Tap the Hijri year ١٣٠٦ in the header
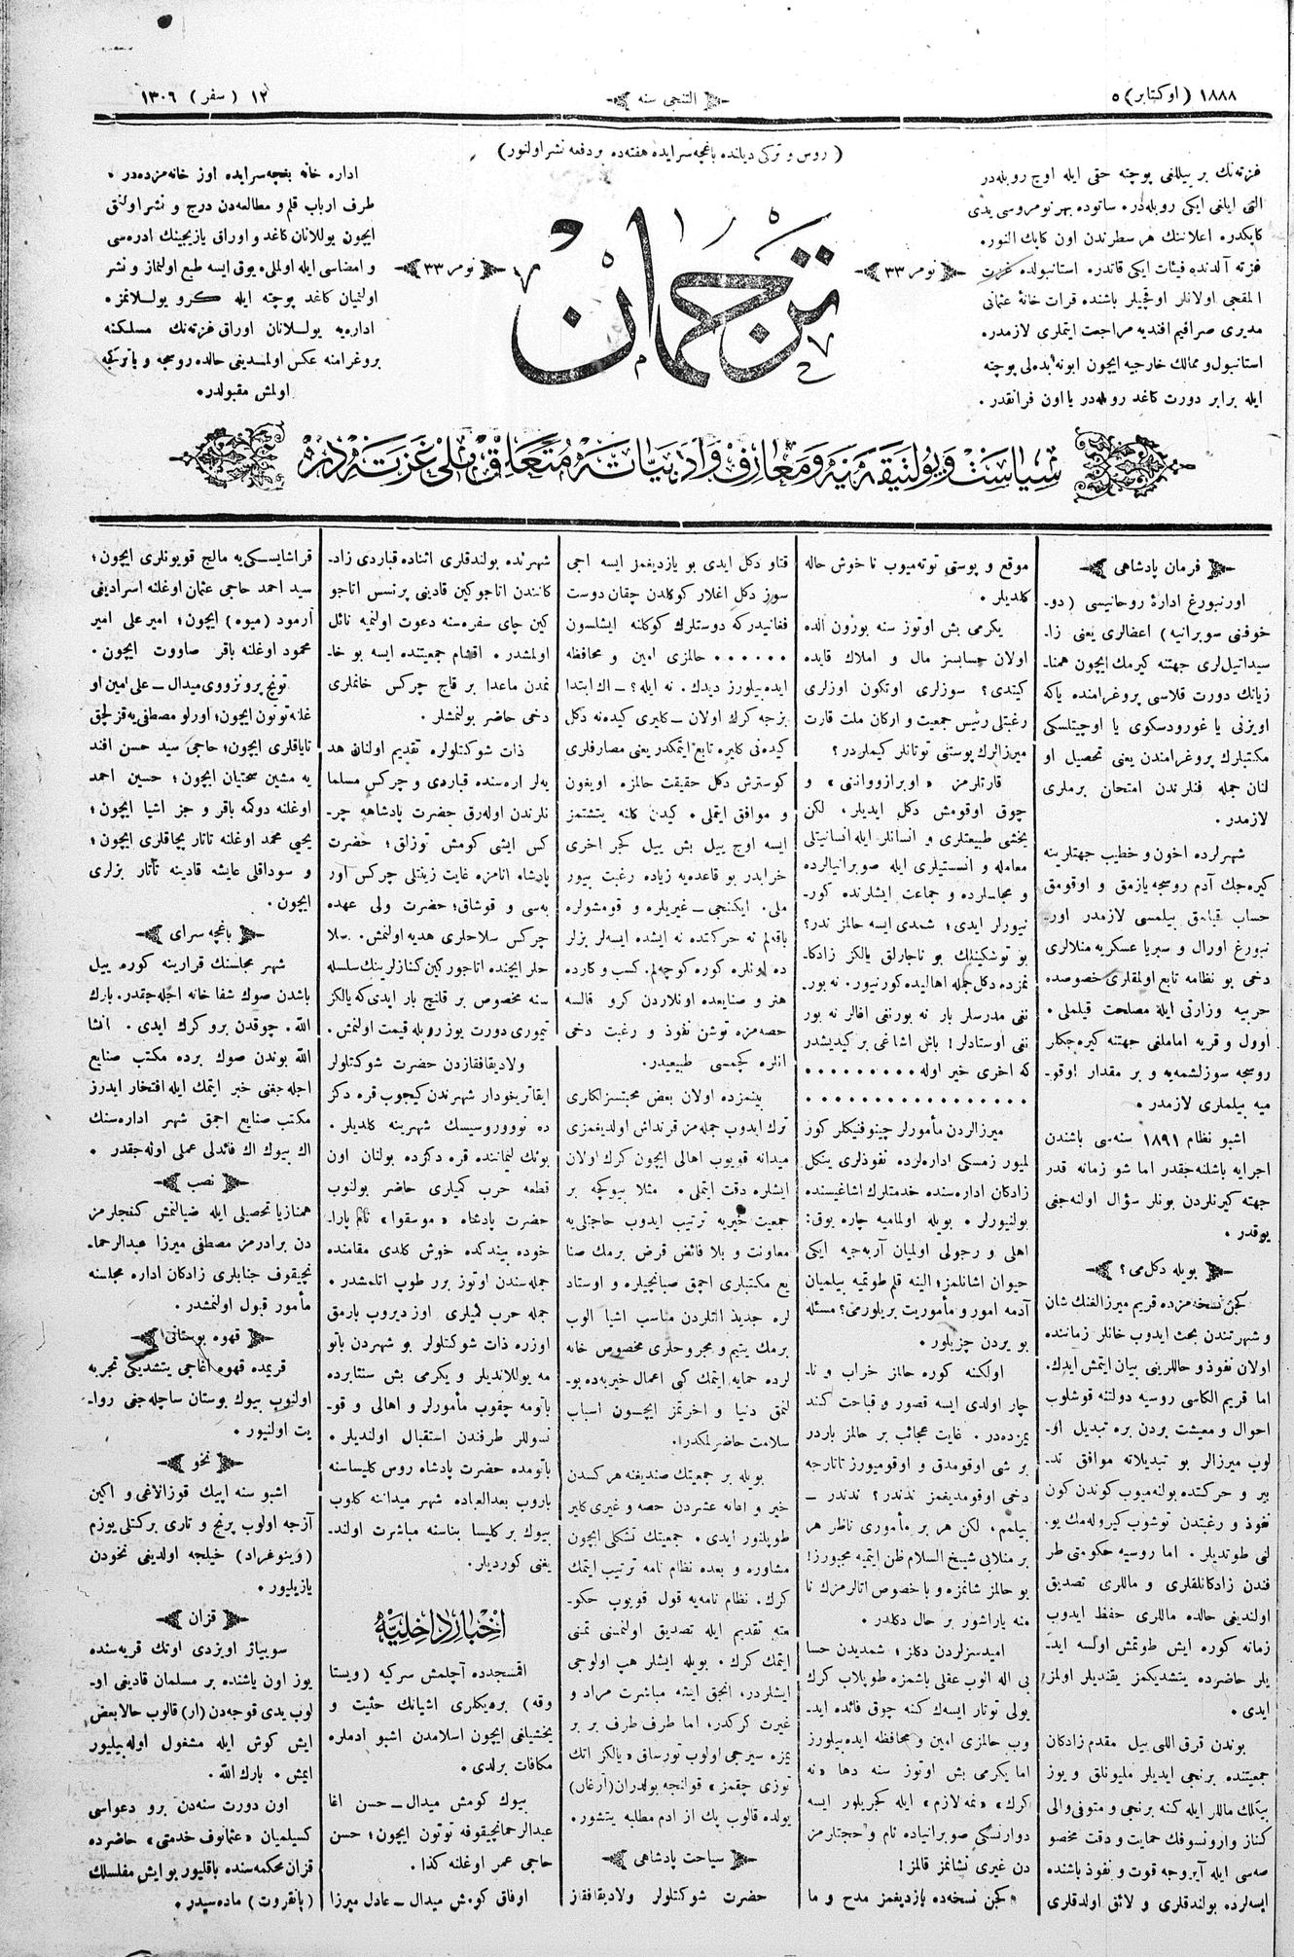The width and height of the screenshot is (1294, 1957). [147, 97]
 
